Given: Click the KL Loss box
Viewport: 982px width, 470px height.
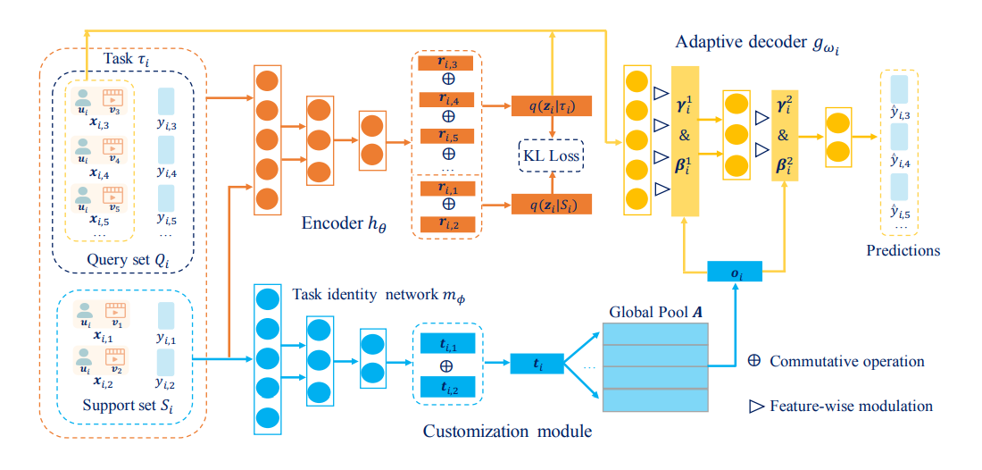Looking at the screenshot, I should (x=552, y=156).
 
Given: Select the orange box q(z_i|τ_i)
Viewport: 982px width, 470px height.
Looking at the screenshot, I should (x=552, y=105).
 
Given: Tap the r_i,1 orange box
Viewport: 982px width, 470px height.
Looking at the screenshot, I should (x=446, y=188).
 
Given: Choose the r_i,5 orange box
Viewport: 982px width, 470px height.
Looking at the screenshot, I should (x=446, y=137).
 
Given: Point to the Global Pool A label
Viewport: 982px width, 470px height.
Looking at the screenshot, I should (x=654, y=313).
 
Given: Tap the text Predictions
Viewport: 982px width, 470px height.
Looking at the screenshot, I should (x=903, y=251).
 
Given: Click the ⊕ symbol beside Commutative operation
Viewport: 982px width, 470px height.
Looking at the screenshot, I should (x=753, y=362).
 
